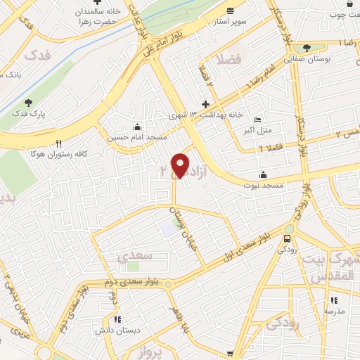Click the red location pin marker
click(x=181, y=165)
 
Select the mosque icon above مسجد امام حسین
click(x=136, y=128)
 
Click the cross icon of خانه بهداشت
click(x=205, y=104)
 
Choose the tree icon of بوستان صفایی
click(x=307, y=48)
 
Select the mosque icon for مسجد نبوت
click(x=264, y=174)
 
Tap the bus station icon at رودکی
click(x=288, y=229)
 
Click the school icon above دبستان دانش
click(x=117, y=319)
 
